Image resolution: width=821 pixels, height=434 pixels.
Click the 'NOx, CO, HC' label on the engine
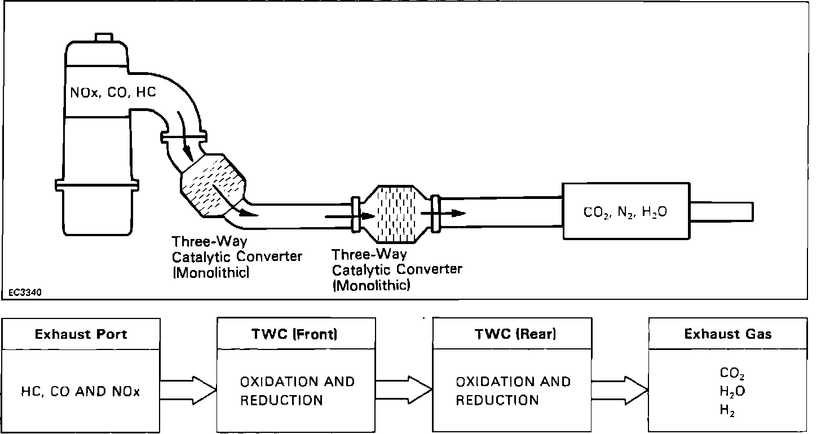click(x=113, y=92)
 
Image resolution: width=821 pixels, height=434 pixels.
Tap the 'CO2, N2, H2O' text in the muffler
click(x=625, y=212)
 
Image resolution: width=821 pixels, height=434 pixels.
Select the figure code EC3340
click(x=25, y=293)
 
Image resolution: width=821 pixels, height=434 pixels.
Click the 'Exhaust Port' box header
click(x=81, y=334)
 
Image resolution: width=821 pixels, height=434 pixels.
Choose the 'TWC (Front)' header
click(x=294, y=334)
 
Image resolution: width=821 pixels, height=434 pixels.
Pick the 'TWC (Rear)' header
click(x=515, y=334)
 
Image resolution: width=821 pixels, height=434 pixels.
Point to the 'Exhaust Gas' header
click(x=728, y=334)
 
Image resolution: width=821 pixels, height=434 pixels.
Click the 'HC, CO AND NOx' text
click(x=81, y=392)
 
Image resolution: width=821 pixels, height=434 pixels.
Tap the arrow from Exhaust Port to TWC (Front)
click(x=188, y=390)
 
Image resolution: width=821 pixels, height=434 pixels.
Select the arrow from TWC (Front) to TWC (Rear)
click(x=404, y=390)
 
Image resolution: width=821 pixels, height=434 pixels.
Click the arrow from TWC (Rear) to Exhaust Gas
click(x=620, y=390)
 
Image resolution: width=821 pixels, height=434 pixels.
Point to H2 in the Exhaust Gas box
click(x=727, y=410)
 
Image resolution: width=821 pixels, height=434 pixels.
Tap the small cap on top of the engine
click(x=104, y=37)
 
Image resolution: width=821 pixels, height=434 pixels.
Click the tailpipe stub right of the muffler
click(x=722, y=212)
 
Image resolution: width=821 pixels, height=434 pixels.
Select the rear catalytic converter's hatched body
click(x=396, y=214)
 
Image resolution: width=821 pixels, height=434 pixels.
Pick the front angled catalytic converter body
click(x=213, y=184)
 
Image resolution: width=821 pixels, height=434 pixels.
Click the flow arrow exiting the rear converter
click(x=443, y=213)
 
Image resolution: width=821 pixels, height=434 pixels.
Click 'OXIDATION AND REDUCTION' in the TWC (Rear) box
click(x=513, y=391)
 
